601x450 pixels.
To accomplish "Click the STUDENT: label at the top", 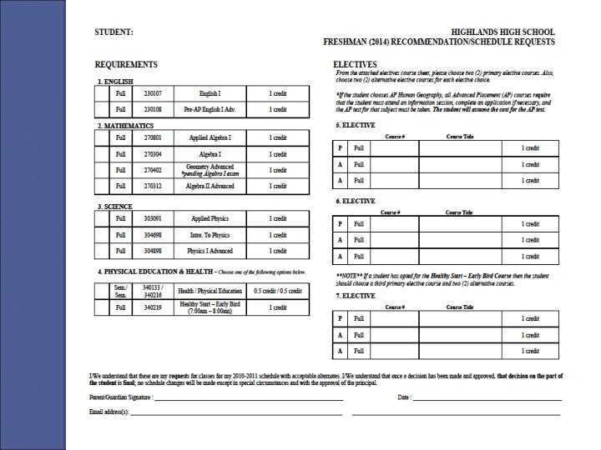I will pyautogui.click(x=114, y=31).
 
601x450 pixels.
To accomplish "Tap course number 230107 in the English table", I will pyautogui.click(x=152, y=94).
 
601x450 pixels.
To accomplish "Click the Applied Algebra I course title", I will pyautogui.click(x=210, y=137).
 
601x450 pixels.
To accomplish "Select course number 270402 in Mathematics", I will pyautogui.click(x=152, y=170).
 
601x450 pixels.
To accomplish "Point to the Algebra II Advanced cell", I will pyautogui.click(x=210, y=187).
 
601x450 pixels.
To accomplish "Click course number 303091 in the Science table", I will pyautogui.click(x=152, y=218).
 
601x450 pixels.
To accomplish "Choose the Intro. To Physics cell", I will pyautogui.click(x=210, y=235).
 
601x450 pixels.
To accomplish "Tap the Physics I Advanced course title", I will pyautogui.click(x=210, y=251).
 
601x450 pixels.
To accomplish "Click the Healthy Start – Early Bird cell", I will pyautogui.click(x=210, y=307).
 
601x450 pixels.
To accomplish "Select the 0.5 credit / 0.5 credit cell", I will pyautogui.click(x=278, y=290).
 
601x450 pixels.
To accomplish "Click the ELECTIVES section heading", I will pyautogui.click(x=355, y=64).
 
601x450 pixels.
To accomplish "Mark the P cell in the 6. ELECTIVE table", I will pyautogui.click(x=340, y=224).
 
